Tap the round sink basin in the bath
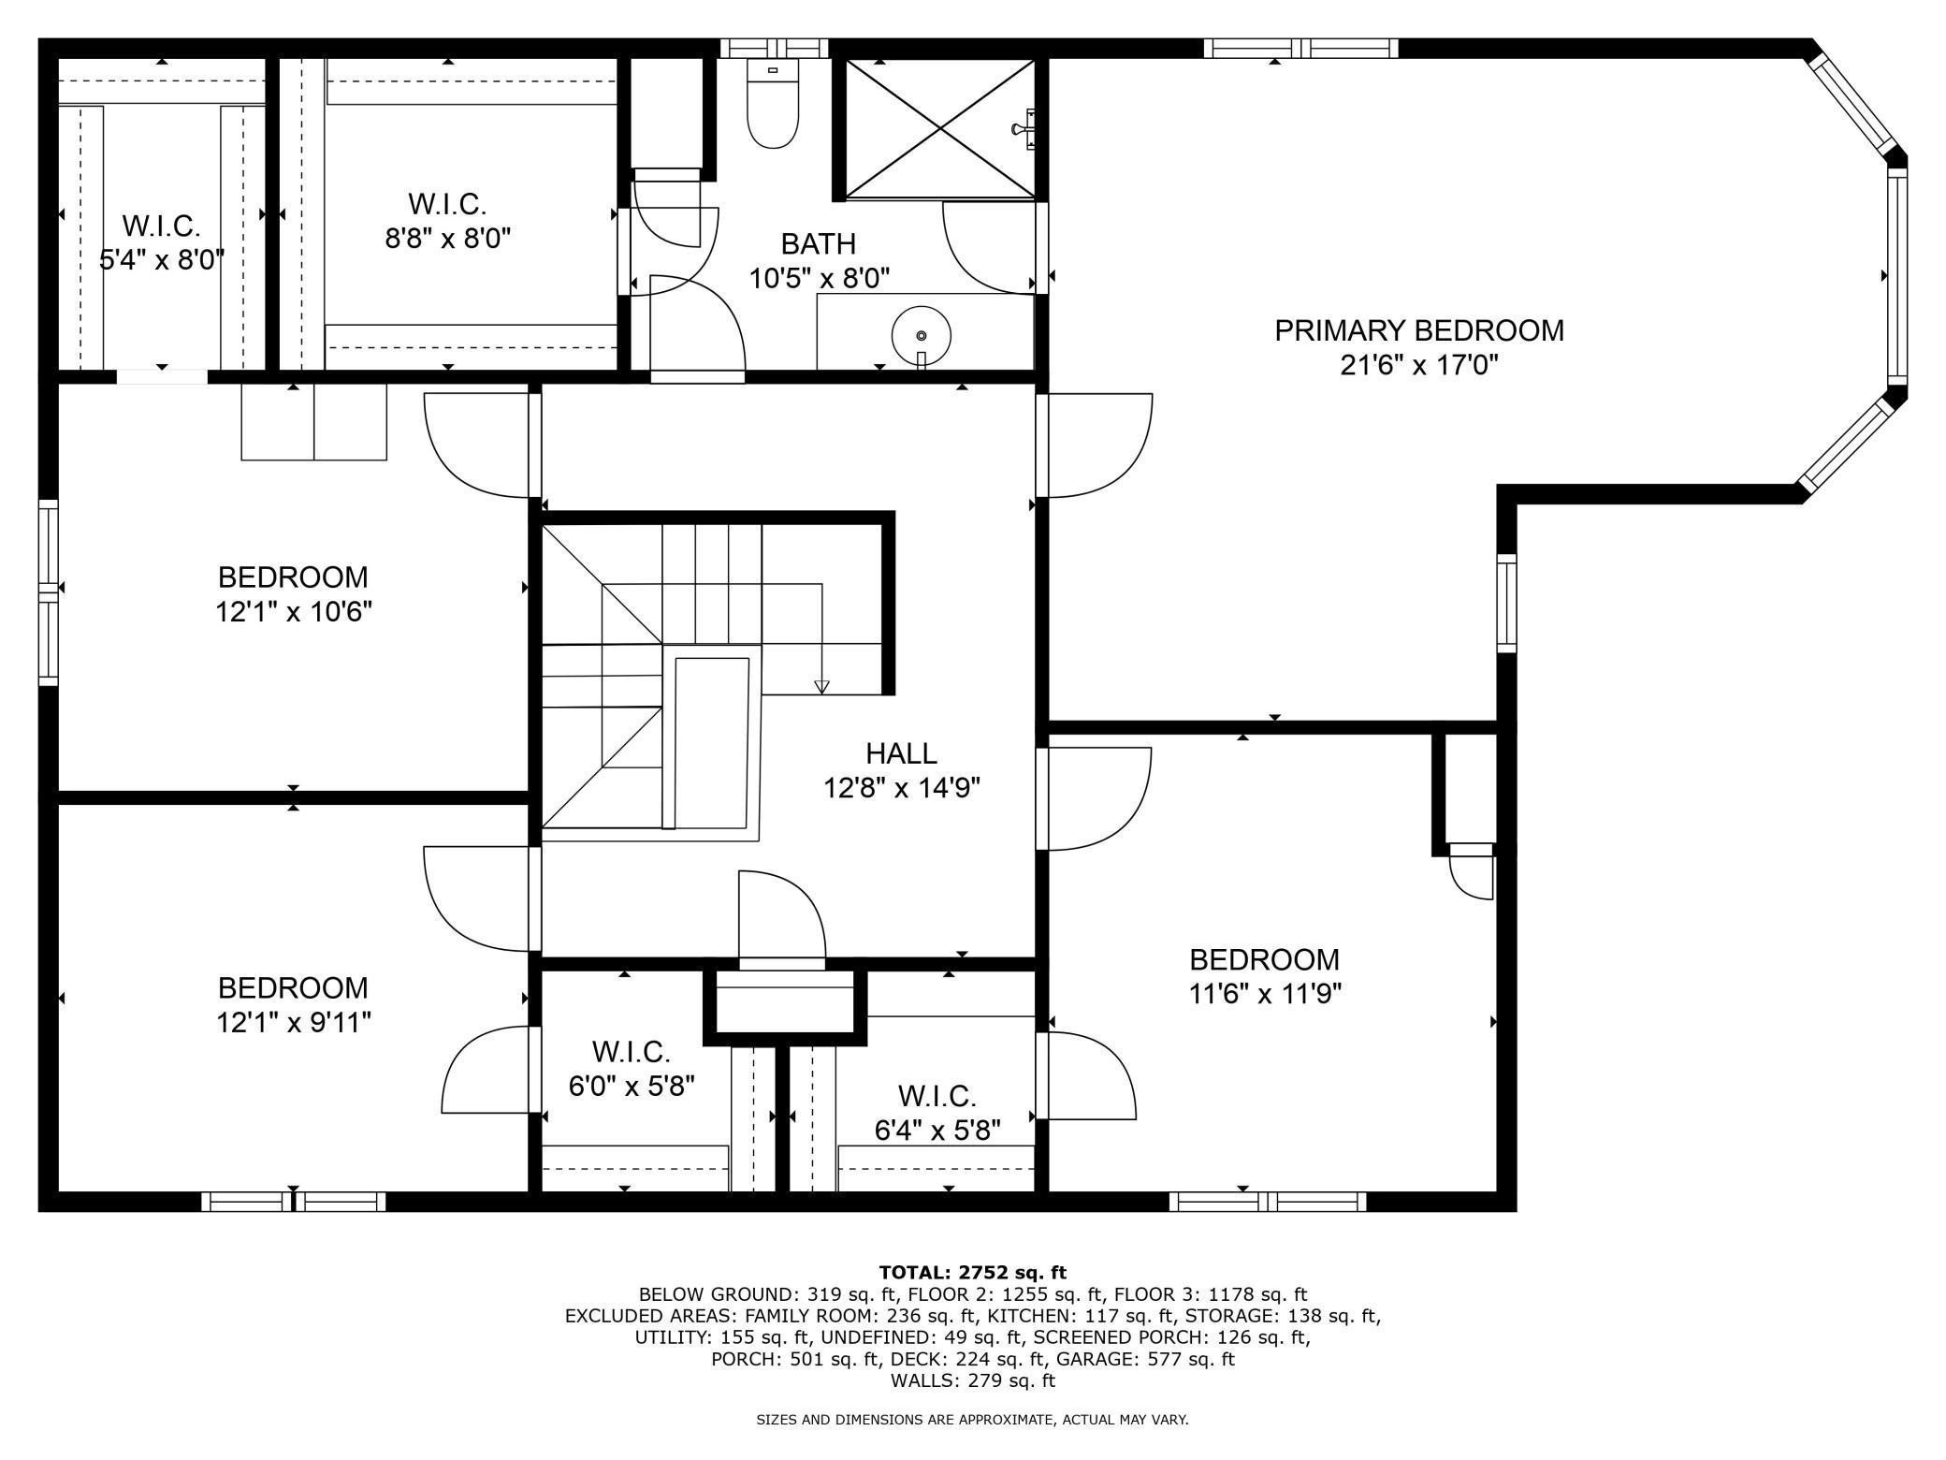point(922,335)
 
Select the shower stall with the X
point(940,129)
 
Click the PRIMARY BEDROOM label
point(1419,330)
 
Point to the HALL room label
point(901,753)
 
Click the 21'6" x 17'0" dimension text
point(1419,365)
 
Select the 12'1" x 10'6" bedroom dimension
point(294,612)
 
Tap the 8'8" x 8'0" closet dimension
point(448,238)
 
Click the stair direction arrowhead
point(821,687)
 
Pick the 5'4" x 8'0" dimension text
point(162,259)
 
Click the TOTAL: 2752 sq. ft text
point(973,1272)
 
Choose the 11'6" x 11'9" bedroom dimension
point(1265,993)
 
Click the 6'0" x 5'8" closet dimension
point(632,1086)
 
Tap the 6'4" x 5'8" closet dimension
point(937,1131)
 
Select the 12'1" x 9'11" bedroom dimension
point(294,1022)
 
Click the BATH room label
point(819,244)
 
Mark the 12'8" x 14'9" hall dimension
point(901,788)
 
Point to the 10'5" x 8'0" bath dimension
point(819,278)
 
